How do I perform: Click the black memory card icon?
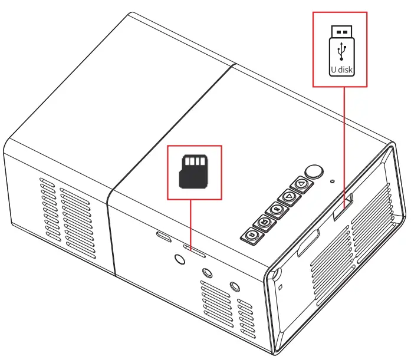coord(194,171)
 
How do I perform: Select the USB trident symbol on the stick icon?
coord(340,52)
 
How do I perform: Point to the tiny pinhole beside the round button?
coord(333,181)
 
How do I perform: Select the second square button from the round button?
coord(288,197)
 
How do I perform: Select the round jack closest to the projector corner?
coord(235,287)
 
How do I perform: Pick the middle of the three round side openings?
coord(207,273)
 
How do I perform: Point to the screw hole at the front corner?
coord(276,275)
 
